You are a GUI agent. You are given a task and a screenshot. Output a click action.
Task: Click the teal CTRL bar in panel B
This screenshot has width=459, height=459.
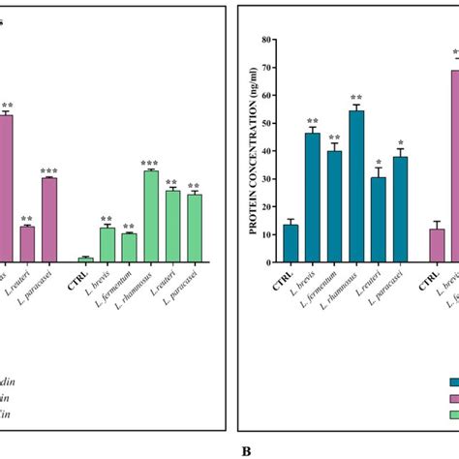pyautogui.click(x=291, y=243)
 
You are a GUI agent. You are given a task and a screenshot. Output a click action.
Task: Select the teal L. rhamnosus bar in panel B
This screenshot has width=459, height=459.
pyautogui.click(x=356, y=186)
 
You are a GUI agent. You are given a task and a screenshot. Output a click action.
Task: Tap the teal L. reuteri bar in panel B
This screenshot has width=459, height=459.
pyautogui.click(x=379, y=220)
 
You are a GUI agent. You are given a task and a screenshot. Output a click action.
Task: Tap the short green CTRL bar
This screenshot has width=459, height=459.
pyautogui.click(x=85, y=259)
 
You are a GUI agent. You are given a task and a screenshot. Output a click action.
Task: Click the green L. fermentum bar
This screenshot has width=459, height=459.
pyautogui.click(x=129, y=248)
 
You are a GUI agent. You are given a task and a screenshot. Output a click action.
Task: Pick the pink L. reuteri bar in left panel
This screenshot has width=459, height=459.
pyautogui.click(x=27, y=244)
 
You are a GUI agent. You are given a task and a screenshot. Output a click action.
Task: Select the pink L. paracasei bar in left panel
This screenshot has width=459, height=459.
pyautogui.click(x=49, y=220)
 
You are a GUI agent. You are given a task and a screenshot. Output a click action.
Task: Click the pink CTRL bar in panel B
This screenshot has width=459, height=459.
pyautogui.click(x=437, y=245)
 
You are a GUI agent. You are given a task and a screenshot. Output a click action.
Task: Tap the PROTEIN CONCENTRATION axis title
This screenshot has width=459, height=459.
pyautogui.click(x=253, y=150)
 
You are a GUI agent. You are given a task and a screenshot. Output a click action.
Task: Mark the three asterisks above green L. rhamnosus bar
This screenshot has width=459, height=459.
pyautogui.click(x=150, y=164)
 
